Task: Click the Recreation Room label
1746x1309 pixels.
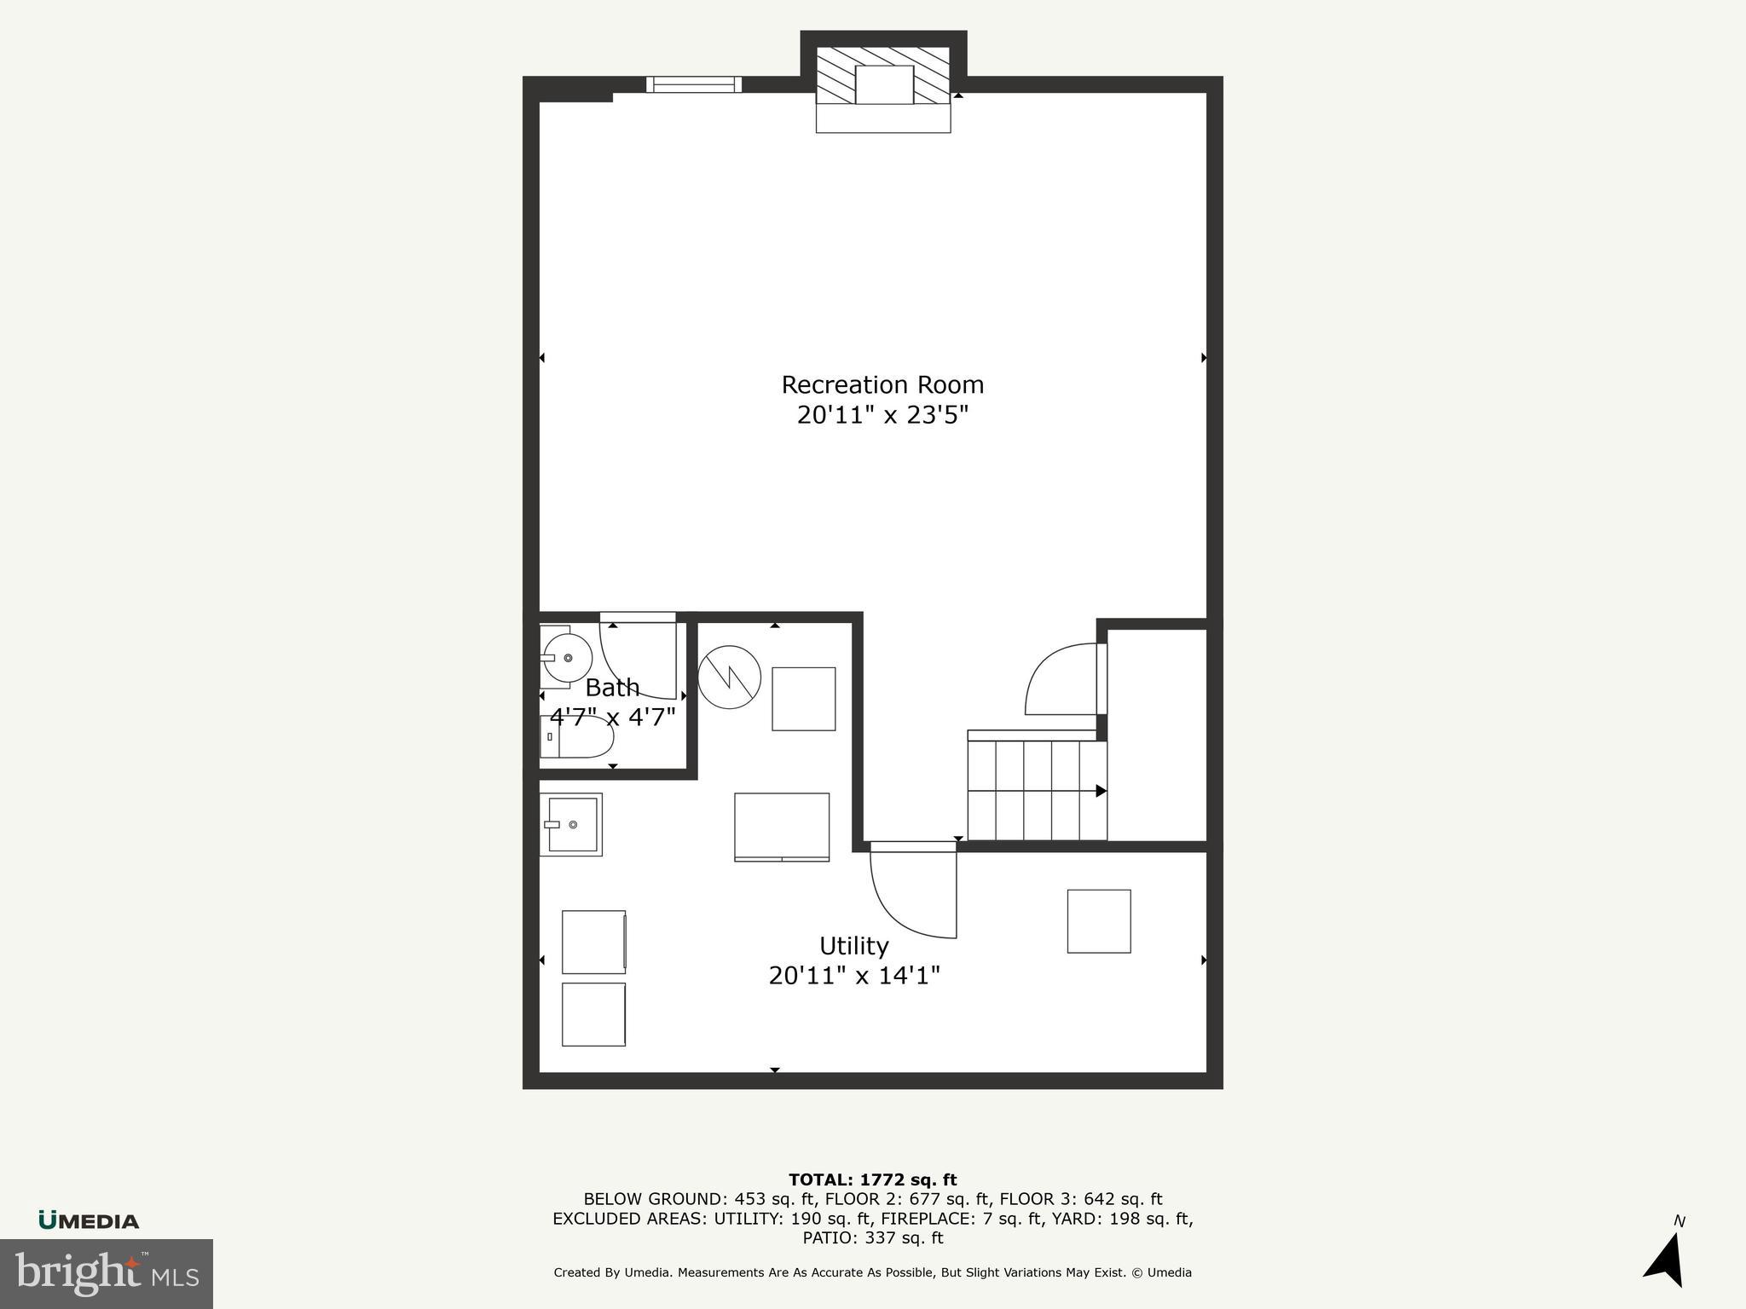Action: point(882,385)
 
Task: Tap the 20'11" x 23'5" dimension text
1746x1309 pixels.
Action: point(882,416)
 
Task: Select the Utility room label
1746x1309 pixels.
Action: point(853,946)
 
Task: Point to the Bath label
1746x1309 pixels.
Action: point(612,687)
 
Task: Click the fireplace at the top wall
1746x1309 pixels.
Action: point(883,85)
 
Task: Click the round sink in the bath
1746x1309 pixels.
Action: point(567,658)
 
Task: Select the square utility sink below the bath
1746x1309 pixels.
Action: point(571,824)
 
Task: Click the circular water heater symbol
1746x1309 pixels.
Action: point(729,678)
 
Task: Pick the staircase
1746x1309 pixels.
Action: point(1036,790)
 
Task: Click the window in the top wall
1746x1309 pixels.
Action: point(694,84)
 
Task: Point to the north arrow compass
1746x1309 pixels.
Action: point(1667,1257)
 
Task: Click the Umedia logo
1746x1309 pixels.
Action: point(89,1220)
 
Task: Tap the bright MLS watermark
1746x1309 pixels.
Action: point(107,1273)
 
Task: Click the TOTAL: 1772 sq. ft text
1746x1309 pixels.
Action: point(872,1179)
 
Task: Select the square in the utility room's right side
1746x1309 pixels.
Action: point(1099,921)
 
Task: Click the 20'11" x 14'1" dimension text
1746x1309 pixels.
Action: point(853,976)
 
